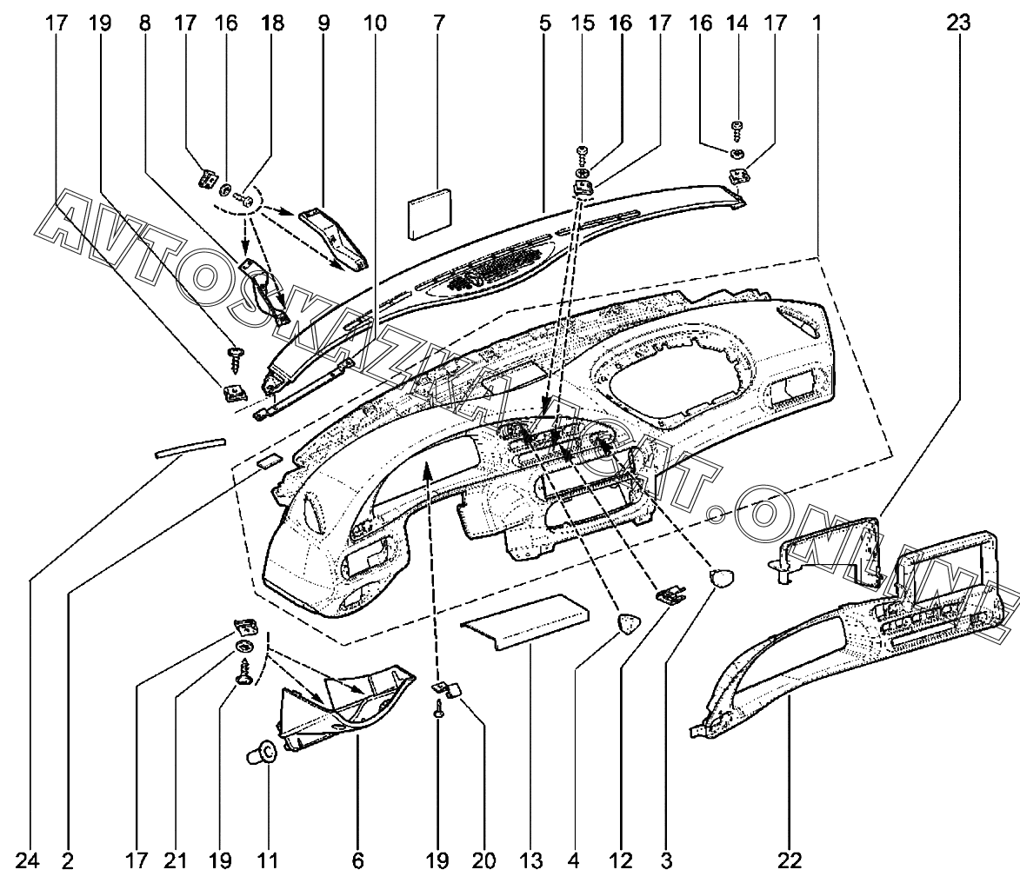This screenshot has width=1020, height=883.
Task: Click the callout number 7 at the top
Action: click(x=437, y=23)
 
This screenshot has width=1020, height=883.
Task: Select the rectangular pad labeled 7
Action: click(x=430, y=214)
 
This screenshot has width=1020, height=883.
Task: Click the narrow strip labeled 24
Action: click(x=189, y=447)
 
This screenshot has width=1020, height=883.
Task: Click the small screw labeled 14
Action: click(x=737, y=130)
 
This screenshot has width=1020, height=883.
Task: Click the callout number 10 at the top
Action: click(x=374, y=23)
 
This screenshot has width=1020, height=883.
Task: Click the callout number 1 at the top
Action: click(x=817, y=23)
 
